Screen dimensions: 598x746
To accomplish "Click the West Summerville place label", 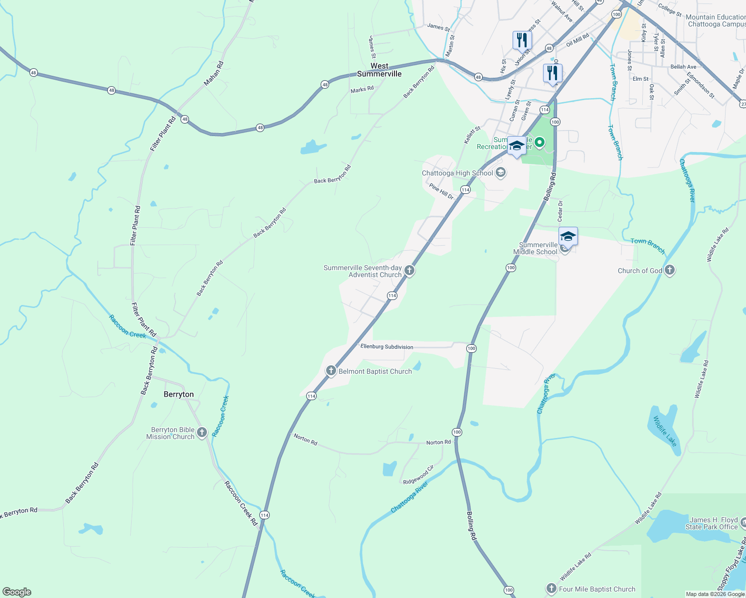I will click(x=379, y=70).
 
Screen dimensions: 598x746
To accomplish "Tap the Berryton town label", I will click(x=179, y=394).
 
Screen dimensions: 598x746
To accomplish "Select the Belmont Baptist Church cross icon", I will click(x=331, y=371).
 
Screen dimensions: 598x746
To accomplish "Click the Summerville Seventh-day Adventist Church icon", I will click(x=409, y=271).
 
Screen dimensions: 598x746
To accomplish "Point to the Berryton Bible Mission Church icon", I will click(x=202, y=432).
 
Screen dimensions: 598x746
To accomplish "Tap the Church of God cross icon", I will click(x=670, y=270).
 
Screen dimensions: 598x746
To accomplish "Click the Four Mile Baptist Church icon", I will click(x=551, y=589).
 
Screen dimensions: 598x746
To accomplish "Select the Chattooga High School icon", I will click(x=501, y=173).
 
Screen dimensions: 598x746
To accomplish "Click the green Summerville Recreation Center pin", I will click(x=539, y=144).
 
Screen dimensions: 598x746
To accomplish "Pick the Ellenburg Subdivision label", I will click(x=387, y=347).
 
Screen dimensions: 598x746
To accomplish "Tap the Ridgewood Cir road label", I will click(x=418, y=474).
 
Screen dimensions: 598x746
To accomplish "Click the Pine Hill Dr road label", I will click(x=441, y=191).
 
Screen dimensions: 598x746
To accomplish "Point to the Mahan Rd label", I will click(x=213, y=73).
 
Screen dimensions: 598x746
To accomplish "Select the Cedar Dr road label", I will click(x=560, y=211).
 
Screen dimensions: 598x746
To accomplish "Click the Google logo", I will click(x=17, y=592).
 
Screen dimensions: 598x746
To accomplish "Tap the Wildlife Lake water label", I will click(x=665, y=431).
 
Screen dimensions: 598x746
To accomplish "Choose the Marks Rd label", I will click(x=362, y=90).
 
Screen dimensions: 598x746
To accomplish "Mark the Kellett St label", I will click(x=472, y=135).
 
